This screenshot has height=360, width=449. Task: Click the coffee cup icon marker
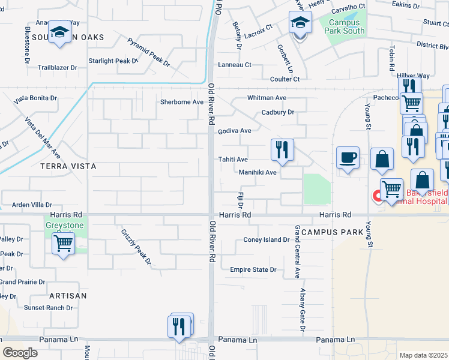pos(348,158)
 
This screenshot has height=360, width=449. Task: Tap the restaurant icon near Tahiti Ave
pos(282,149)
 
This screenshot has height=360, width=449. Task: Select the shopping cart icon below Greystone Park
pos(63,244)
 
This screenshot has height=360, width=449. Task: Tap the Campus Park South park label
pos(342,26)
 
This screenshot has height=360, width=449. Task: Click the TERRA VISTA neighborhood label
pos(68,165)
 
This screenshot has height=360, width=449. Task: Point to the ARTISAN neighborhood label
pos(68,296)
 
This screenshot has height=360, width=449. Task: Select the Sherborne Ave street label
pos(181,102)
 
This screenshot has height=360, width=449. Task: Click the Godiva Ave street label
pos(234,131)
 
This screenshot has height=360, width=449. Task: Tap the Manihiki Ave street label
pos(257,172)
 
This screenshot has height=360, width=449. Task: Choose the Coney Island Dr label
pos(266,240)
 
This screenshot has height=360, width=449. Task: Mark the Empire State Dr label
pos(253,270)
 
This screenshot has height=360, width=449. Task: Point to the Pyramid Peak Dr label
pos(148,52)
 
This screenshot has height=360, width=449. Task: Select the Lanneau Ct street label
pos(234,65)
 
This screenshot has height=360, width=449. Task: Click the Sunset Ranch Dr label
pos(48,308)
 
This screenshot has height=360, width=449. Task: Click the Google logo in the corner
pos(20,352)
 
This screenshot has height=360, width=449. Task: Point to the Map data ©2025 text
pos(423,355)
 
